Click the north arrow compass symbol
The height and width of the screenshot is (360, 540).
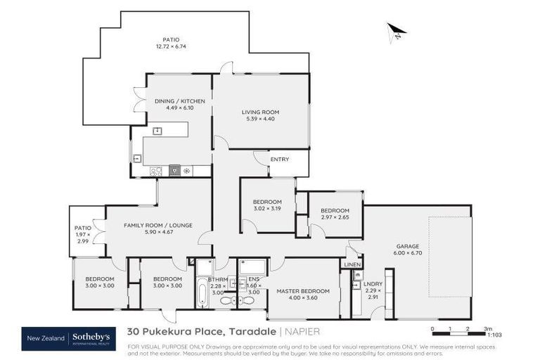[397, 32]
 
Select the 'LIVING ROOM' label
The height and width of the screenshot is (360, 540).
[260, 112]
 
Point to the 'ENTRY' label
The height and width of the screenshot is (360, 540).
[279, 160]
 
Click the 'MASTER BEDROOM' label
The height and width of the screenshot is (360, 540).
[302, 291]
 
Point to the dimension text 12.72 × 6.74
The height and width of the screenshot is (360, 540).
[170, 46]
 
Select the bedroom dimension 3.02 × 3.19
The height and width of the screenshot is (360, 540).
[266, 209]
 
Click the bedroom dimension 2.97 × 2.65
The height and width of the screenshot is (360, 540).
[335, 217]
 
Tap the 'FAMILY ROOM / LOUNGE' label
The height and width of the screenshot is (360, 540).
[158, 225]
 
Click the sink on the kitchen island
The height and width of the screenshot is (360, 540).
[157, 130]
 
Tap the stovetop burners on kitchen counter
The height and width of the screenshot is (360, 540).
[156, 170]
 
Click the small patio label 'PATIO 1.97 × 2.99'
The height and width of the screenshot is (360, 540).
[83, 234]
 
